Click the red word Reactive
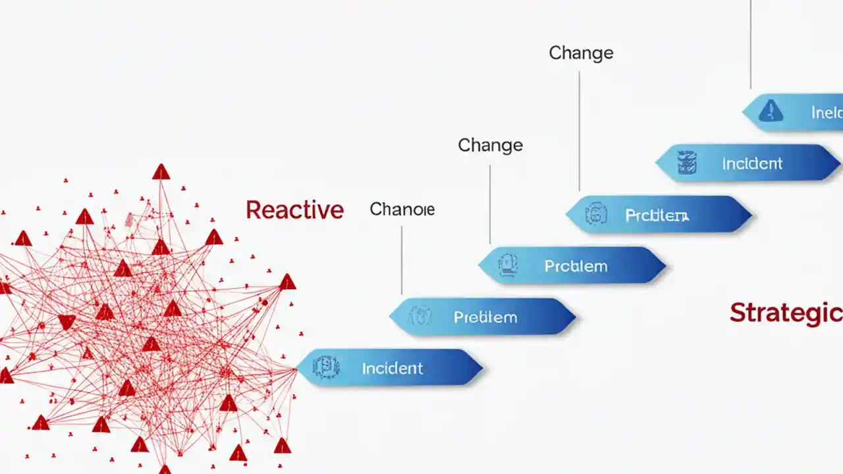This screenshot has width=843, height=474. [x=294, y=210]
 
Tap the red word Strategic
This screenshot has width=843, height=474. [x=785, y=313]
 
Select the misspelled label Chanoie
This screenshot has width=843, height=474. [x=402, y=209]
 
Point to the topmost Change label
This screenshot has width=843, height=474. [x=581, y=53]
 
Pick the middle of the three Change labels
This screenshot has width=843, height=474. [x=490, y=145]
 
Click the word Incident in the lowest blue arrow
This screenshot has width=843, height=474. [x=392, y=368]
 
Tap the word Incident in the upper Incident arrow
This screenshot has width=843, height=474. [x=752, y=163]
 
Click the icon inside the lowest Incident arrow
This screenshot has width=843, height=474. [x=325, y=367]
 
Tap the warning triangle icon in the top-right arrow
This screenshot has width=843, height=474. [x=771, y=111]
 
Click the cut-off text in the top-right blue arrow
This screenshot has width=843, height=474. [x=826, y=113]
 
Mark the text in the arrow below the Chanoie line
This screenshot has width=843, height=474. [x=485, y=317]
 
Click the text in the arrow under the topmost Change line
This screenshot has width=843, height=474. [x=657, y=215]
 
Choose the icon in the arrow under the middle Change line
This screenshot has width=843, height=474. [x=508, y=265]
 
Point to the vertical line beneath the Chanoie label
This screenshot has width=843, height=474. [x=401, y=260]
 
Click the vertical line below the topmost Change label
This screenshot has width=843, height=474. [x=579, y=132]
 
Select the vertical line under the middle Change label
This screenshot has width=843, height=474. [x=489, y=204]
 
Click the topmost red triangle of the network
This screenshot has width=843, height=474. [x=161, y=172]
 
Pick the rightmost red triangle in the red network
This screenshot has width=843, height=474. [x=287, y=283]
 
